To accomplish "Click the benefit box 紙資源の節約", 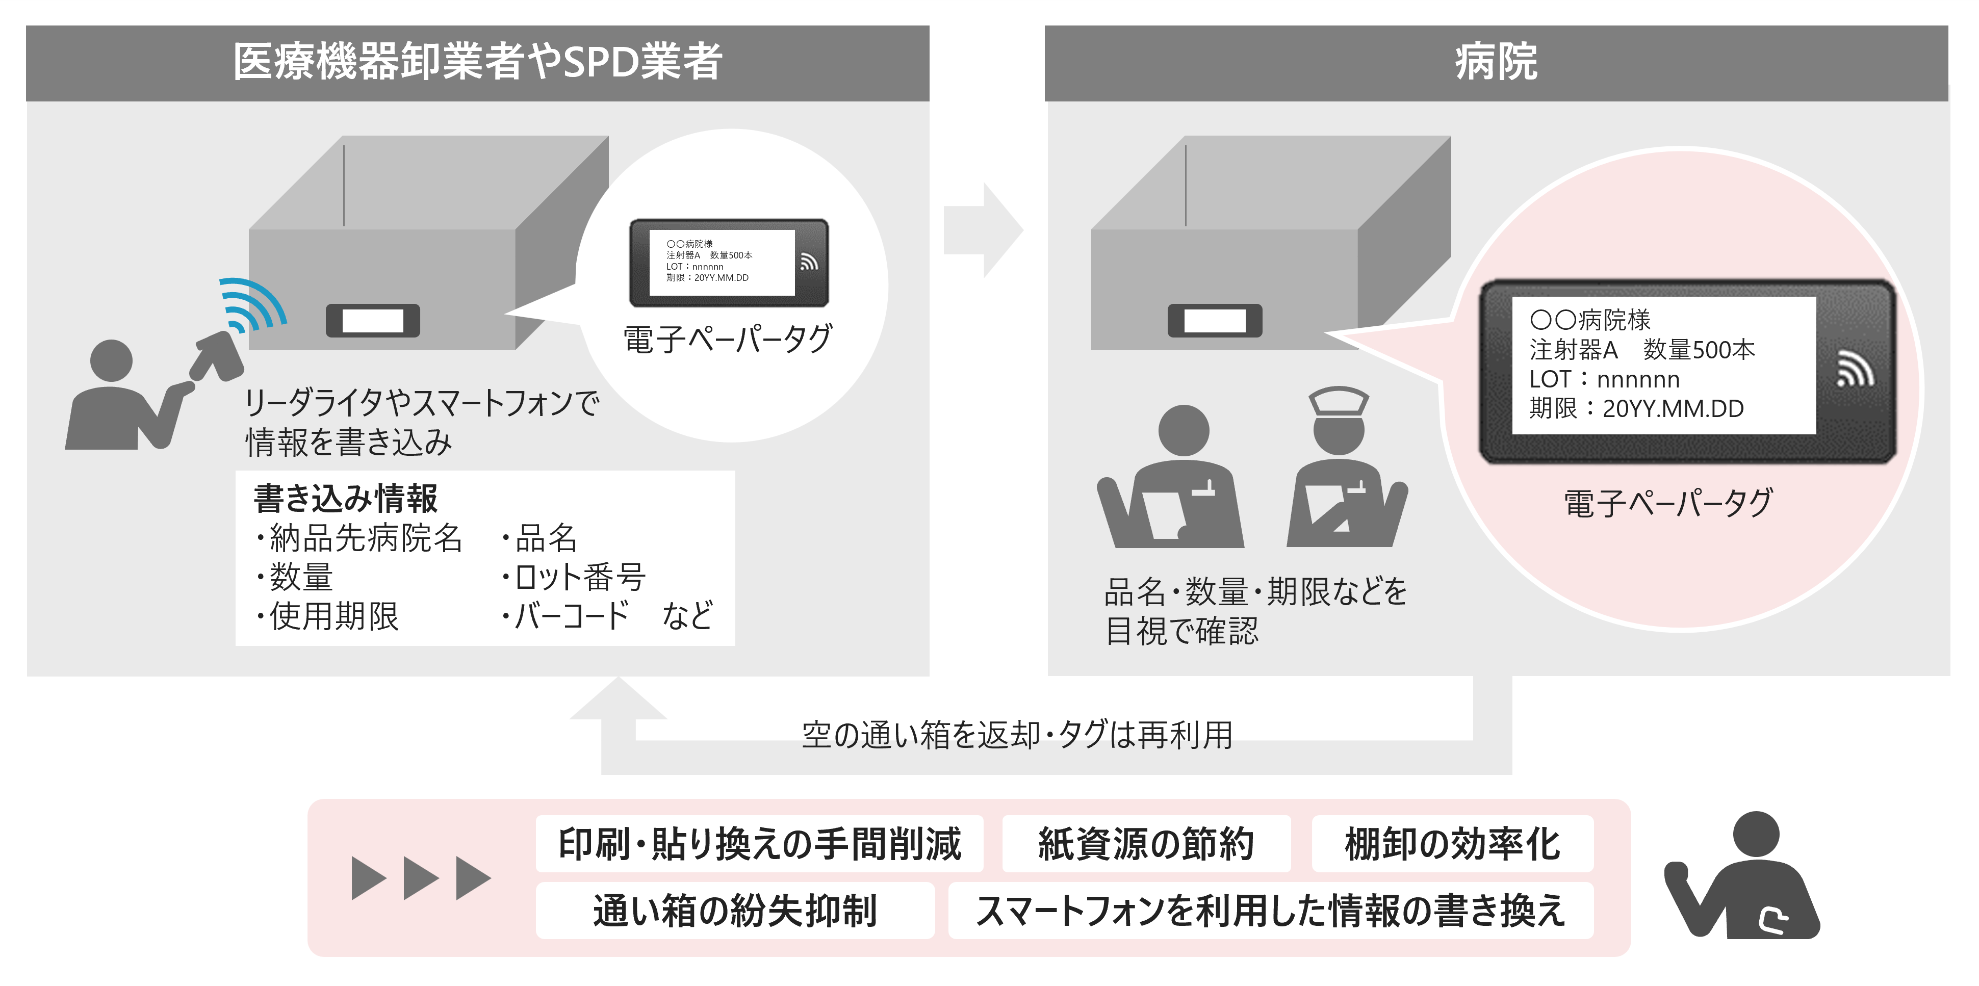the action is pyautogui.click(x=1146, y=843).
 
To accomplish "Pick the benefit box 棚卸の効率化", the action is pyautogui.click(x=1452, y=843).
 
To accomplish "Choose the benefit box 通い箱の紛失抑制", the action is pyautogui.click(x=735, y=910).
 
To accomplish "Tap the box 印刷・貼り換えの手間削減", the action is pyautogui.click(x=759, y=843).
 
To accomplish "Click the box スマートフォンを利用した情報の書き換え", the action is pyautogui.click(x=1271, y=910).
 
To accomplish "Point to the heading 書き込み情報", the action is pyautogui.click(x=346, y=499).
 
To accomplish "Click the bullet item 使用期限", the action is pyautogui.click(x=328, y=616).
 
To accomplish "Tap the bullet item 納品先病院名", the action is pyautogui.click(x=359, y=537).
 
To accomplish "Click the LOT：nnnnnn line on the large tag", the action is pyautogui.click(x=1605, y=379).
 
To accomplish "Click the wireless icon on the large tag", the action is pyautogui.click(x=1855, y=369).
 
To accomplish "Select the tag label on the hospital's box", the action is pyautogui.click(x=1215, y=320).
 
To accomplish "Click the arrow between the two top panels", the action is pyautogui.click(x=983, y=229).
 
